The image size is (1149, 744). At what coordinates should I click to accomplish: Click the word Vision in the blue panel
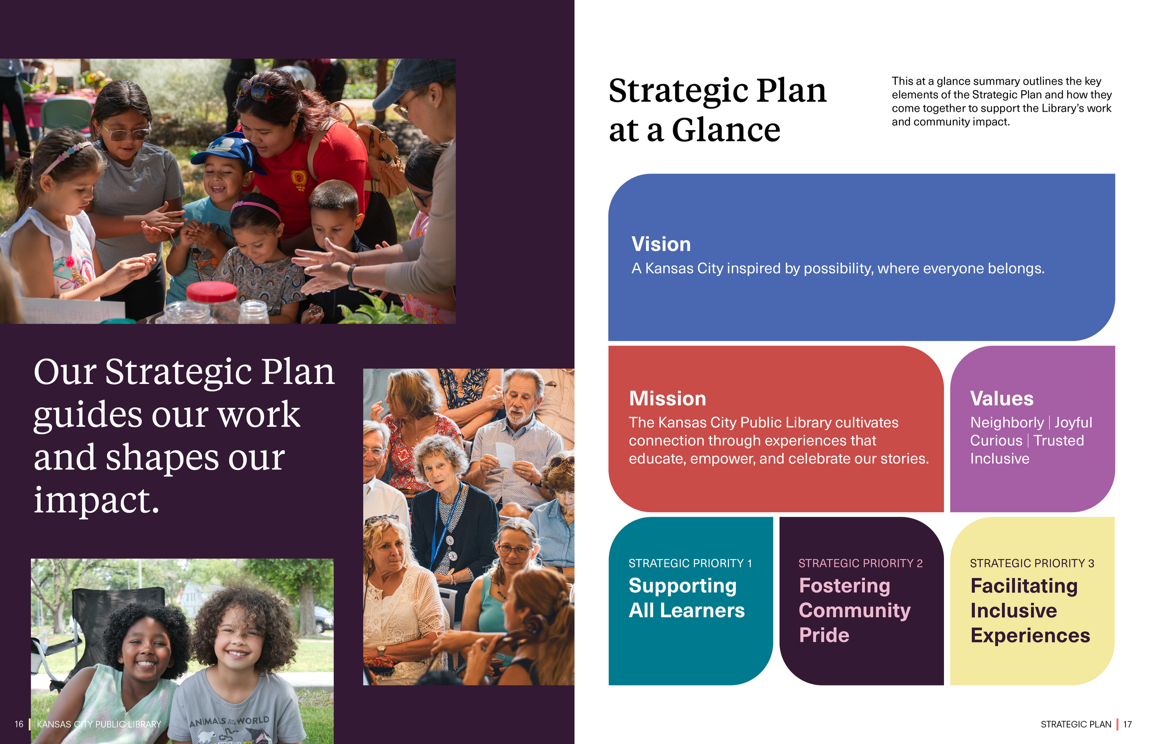coord(660,244)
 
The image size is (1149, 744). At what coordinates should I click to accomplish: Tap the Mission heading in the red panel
coord(667,399)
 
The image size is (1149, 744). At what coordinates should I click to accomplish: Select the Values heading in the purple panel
coord(1001,399)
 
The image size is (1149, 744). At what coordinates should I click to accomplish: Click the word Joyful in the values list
coord(1073,423)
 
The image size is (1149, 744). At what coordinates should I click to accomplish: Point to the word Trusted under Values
coord(1058,441)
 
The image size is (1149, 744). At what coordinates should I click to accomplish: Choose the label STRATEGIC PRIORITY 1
coord(690,563)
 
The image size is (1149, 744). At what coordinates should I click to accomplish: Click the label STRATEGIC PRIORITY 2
coord(860,563)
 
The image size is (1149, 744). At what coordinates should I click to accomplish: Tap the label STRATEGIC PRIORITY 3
coord(1032,563)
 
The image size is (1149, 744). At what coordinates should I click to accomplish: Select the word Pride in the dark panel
coord(824,635)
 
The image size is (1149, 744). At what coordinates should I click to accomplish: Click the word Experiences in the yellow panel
coord(1030,635)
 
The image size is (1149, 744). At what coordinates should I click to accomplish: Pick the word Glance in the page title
coord(726,131)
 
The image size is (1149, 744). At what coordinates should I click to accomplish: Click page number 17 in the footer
coord(1127,724)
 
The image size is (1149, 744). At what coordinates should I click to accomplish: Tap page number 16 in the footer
coord(19,724)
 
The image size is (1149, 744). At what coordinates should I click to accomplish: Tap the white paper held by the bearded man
coord(505,454)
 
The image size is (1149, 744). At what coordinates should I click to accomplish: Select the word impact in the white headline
coord(96,500)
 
